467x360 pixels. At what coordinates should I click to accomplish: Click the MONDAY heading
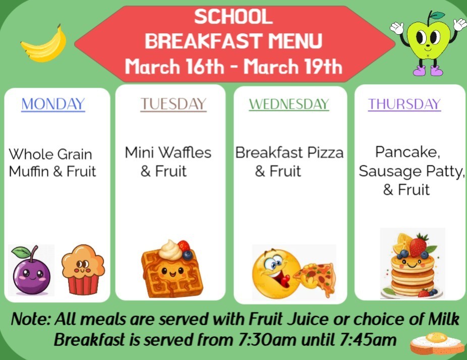point(53,104)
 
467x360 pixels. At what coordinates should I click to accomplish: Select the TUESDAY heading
point(173,104)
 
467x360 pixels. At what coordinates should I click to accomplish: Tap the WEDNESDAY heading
point(289,104)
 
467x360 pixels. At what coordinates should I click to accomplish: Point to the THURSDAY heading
point(404,104)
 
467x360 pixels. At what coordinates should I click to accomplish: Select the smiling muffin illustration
point(83,269)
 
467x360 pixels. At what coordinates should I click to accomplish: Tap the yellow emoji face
point(274,273)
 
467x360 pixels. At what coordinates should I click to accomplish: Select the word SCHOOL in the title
point(233,17)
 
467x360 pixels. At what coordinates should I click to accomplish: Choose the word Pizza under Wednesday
point(325,152)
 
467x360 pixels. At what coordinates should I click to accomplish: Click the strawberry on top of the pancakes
point(418,246)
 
